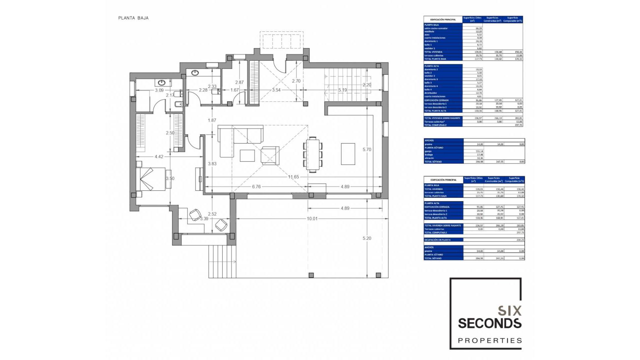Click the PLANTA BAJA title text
[x=133, y=18]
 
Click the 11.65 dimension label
[x=293, y=177]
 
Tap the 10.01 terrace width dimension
[x=312, y=219]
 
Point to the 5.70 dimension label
[x=367, y=150]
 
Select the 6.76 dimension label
[x=256, y=187]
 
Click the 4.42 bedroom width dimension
[x=159, y=157]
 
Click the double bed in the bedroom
[x=152, y=179]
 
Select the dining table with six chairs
[x=313, y=155]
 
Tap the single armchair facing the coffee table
[x=270, y=155]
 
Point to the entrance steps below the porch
[x=222, y=261]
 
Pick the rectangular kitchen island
[x=348, y=154]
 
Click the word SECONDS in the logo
[x=489, y=323]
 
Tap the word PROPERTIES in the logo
[x=489, y=341]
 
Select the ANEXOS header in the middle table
[x=429, y=140]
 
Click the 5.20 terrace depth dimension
[x=367, y=238]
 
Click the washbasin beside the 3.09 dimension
[x=162, y=83]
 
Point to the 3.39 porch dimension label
[x=204, y=219]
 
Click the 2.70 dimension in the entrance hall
[x=296, y=81]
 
